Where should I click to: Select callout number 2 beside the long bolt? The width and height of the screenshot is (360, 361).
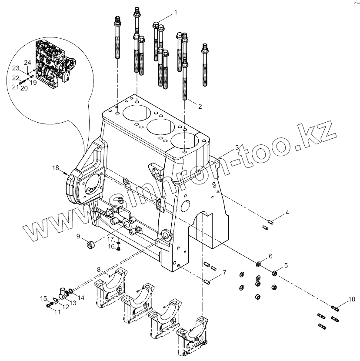point(200,106)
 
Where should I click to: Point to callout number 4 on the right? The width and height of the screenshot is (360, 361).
point(287,213)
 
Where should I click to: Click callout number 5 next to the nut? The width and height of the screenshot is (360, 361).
point(286,265)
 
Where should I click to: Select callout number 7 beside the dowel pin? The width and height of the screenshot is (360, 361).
point(224,273)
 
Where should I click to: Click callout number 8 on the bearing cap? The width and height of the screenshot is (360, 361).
point(99,270)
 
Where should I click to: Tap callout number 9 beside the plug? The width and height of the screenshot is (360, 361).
point(78,236)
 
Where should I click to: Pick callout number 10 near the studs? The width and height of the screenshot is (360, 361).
point(351,300)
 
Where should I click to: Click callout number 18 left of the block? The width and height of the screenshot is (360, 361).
point(55,167)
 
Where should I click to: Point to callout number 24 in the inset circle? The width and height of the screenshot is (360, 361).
point(27,62)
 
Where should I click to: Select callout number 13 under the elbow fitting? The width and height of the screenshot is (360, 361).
point(73,302)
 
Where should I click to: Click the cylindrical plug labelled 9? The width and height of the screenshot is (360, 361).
point(91,245)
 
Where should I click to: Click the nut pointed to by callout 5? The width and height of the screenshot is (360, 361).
point(274,273)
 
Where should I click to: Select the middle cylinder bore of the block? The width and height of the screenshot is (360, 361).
point(162,127)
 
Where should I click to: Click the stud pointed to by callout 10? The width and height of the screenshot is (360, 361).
point(335,309)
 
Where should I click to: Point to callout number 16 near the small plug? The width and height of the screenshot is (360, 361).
point(111,247)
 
